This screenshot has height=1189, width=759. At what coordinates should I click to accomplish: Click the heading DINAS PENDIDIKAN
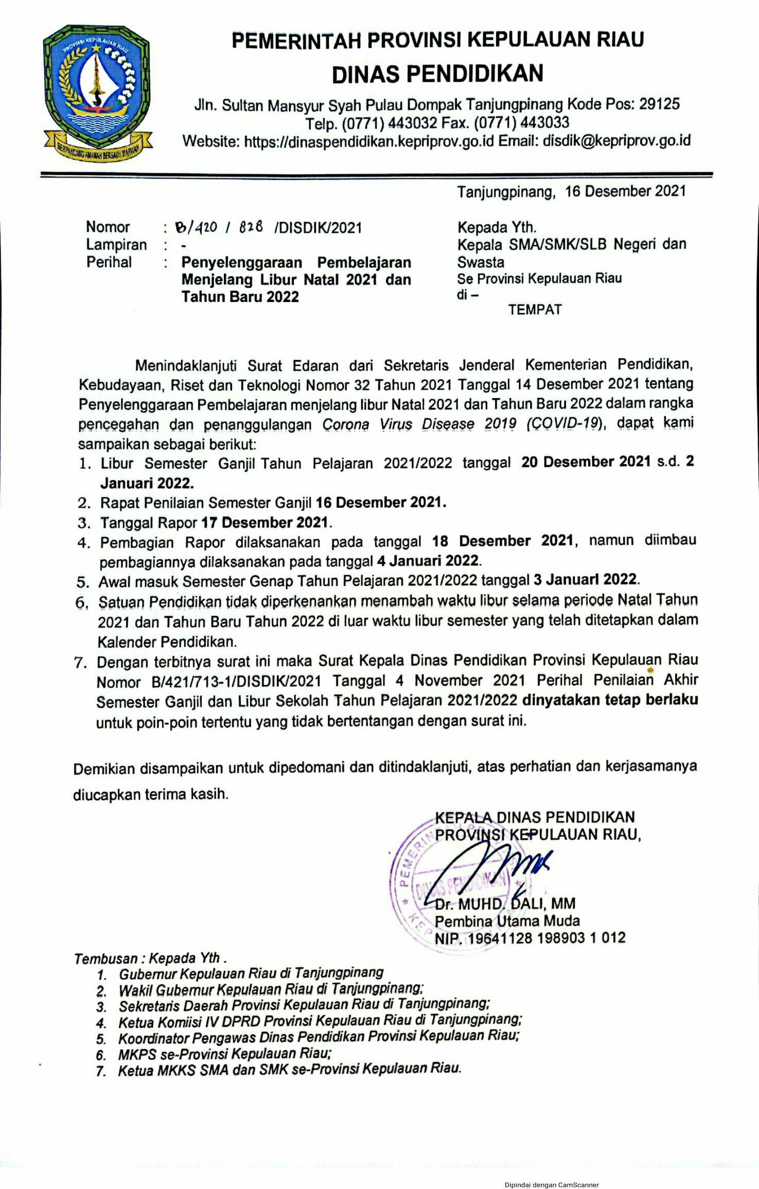point(437,74)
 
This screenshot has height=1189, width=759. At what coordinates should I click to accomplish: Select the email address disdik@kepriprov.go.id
point(616,140)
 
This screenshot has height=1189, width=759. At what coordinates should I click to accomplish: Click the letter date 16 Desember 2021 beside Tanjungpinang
point(625,191)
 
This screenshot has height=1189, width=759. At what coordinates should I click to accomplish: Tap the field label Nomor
point(108,227)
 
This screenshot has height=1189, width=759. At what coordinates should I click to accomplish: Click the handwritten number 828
point(251,227)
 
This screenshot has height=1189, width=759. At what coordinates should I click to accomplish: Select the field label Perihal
point(109,262)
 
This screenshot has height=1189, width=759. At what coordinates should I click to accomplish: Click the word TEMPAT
point(535,310)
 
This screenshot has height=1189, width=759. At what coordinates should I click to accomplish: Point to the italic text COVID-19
point(564,423)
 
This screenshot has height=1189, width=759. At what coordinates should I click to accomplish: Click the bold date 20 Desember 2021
point(586,462)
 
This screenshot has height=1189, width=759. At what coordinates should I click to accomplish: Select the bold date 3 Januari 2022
point(586,580)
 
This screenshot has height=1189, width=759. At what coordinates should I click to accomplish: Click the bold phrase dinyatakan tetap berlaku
point(610,700)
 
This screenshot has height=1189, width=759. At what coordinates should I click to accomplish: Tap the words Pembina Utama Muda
point(507,920)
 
